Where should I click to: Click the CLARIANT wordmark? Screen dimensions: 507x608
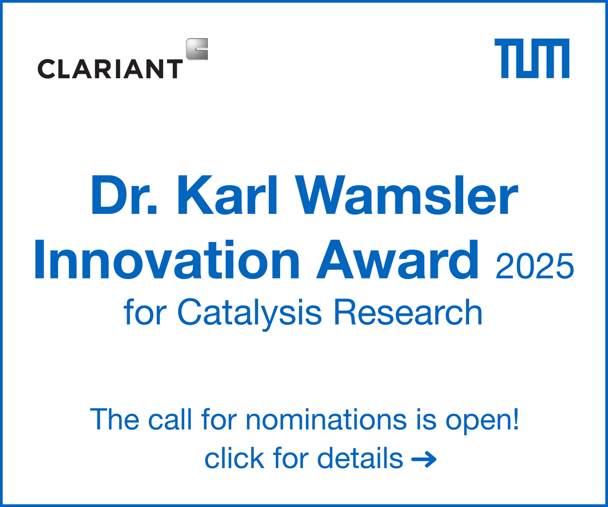point(110,68)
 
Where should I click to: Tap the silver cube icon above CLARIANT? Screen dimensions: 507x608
point(197,49)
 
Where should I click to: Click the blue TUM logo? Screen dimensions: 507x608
point(532,58)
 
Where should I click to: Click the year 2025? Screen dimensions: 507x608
point(534,267)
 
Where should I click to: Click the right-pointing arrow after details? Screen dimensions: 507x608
point(423,460)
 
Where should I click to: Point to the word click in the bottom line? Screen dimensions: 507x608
point(234,459)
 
